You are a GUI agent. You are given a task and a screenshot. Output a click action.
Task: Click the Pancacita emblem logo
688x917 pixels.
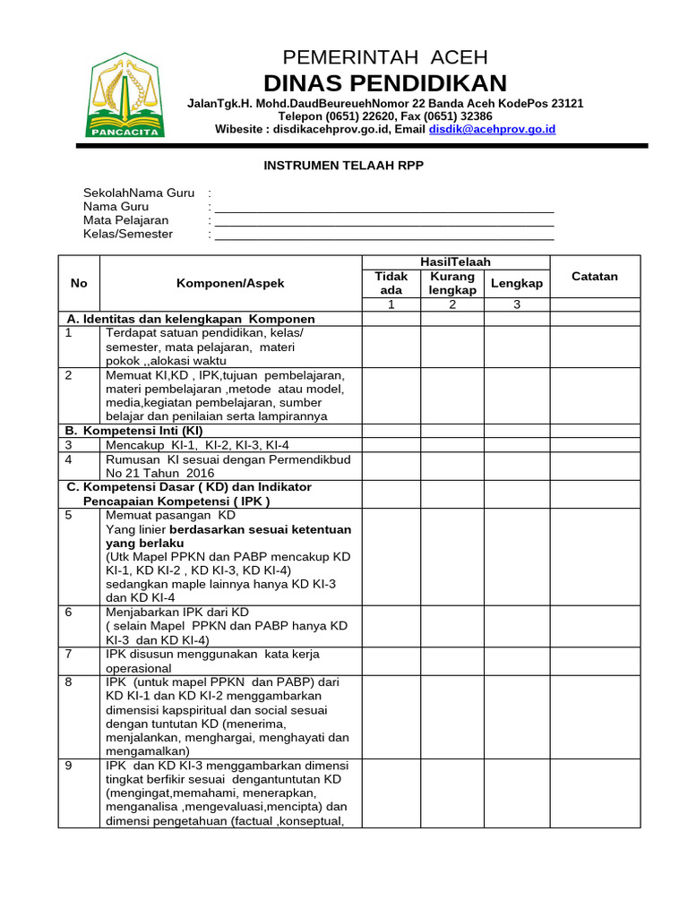coord(125,96)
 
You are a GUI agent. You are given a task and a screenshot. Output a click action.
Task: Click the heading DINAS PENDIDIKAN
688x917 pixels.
coord(385,83)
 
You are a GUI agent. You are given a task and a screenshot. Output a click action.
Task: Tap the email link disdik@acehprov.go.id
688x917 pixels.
coord(492,129)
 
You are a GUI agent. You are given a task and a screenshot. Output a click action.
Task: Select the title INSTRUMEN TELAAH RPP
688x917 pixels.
coord(343,165)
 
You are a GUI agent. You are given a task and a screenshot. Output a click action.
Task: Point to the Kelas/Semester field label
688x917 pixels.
coord(128,234)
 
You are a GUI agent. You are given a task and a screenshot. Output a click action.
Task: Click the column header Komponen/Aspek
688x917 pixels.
coord(230,283)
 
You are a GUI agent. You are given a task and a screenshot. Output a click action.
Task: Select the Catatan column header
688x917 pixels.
coord(595,276)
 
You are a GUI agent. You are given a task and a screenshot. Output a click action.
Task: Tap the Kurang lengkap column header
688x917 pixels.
coord(451,283)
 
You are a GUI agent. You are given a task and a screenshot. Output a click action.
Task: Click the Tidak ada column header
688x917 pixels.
coord(391,283)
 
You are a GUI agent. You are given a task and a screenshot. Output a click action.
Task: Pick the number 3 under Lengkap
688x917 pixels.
coord(516,304)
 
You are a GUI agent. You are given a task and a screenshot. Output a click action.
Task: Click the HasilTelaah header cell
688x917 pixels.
coord(455,261)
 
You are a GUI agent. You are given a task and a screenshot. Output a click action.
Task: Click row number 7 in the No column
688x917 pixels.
coord(69,654)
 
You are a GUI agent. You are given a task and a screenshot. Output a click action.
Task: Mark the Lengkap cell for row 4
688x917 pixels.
coord(517,466)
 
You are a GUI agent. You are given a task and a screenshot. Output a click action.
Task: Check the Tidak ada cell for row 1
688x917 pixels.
coord(391,347)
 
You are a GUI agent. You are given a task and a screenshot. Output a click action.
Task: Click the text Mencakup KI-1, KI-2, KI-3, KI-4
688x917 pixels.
coord(197,445)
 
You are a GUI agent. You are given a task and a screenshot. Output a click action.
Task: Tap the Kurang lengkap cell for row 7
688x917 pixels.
coord(451,660)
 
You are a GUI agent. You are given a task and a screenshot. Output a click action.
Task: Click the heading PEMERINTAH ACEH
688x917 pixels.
coord(385,57)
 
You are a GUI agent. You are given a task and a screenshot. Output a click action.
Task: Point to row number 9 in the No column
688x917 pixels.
coord(69,766)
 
